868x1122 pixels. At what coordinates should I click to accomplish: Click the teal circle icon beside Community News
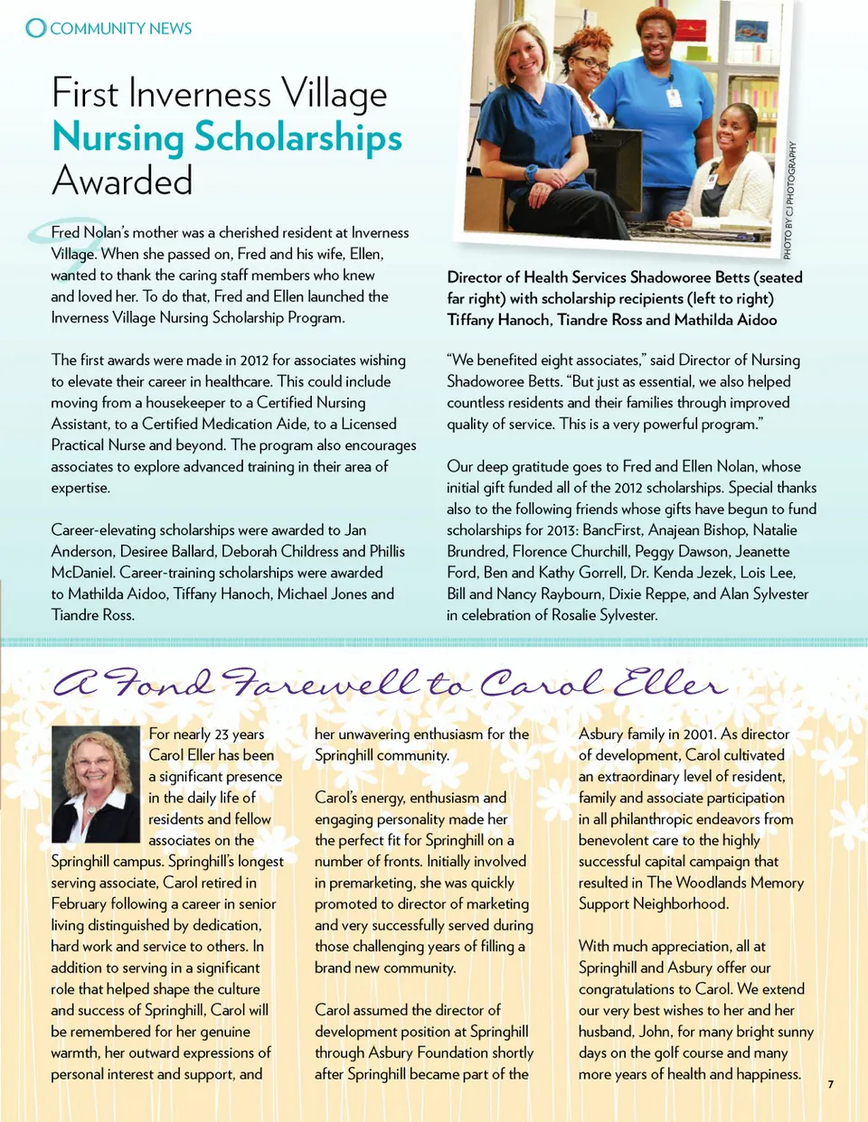tap(35, 28)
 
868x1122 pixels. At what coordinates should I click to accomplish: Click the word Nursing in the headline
tap(118, 137)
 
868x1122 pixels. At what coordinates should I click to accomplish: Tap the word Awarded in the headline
tap(122, 181)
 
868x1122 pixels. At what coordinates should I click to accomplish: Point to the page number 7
tap(830, 1084)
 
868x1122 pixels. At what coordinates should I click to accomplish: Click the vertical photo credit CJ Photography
tap(789, 200)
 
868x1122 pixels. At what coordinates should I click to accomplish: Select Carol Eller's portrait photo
tap(95, 783)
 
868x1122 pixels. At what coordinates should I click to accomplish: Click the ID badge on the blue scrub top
tap(673, 97)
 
